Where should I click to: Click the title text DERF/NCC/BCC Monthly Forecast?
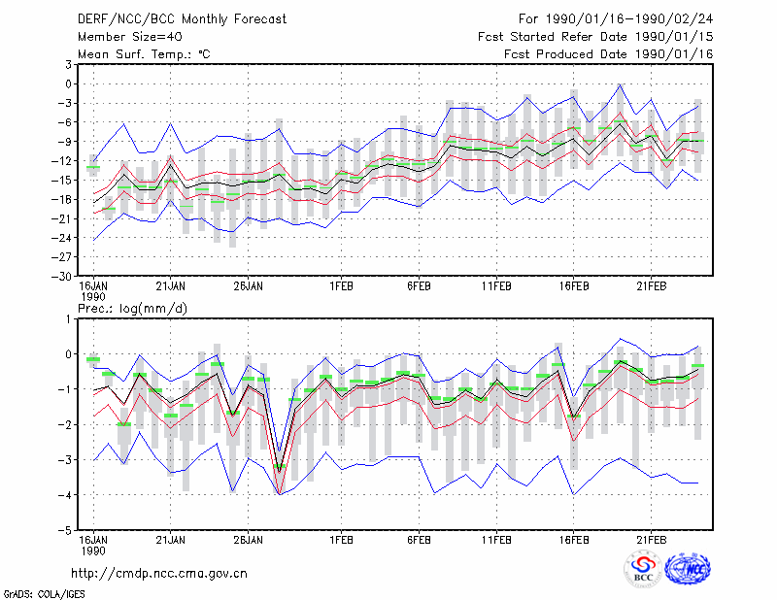[182, 19]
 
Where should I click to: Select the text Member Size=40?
[130, 37]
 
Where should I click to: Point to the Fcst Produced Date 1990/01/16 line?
[609, 54]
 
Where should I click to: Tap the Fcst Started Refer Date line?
[595, 37]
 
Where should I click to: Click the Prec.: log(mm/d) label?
[132, 309]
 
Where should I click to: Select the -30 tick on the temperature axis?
[61, 277]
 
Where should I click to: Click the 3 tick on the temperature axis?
[68, 64]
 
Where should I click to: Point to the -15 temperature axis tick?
[61, 180]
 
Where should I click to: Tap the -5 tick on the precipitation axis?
[65, 531]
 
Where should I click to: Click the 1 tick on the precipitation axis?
[68, 318]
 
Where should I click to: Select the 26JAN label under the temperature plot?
[249, 286]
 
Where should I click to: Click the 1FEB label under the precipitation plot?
[342, 540]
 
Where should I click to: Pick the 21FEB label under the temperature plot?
[651, 286]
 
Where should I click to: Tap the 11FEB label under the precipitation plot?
[496, 540]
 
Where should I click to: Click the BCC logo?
[643, 569]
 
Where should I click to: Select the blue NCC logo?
[688, 569]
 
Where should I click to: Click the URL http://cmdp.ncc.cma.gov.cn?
[159, 574]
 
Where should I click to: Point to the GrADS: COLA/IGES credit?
[44, 594]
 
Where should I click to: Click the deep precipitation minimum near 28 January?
[280, 494]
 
